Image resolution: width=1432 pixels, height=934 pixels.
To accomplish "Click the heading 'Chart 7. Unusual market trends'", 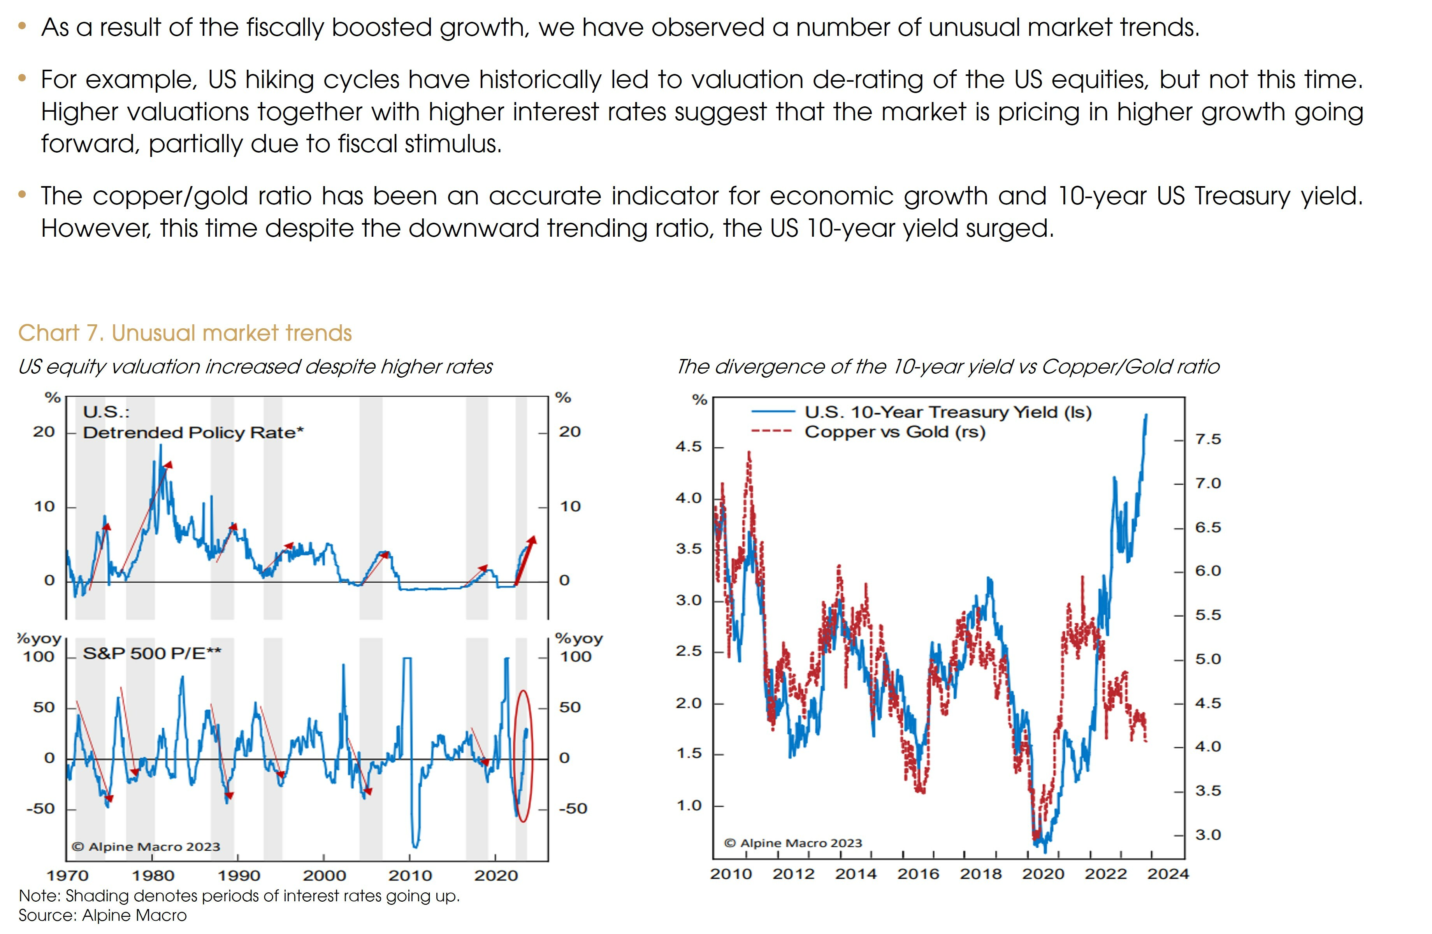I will pos(185,333).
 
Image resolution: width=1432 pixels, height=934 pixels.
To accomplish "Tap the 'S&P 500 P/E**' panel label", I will pos(152,654).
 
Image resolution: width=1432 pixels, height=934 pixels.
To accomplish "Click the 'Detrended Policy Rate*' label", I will pos(193,433).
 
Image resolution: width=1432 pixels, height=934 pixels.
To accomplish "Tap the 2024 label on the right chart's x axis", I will pos(1167,874).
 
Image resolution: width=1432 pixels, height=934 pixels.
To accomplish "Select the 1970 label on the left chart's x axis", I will pos(67,876).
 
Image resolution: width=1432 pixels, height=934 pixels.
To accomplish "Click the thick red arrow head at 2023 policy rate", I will pos(531,539).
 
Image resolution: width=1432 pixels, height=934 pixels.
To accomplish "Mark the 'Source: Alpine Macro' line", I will pos(102,915).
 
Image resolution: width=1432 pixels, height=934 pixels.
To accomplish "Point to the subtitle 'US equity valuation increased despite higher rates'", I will pos(255,366).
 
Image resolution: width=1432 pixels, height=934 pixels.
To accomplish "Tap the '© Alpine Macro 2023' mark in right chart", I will pos(792,843).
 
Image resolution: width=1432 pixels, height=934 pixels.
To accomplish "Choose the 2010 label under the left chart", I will pos(410,876).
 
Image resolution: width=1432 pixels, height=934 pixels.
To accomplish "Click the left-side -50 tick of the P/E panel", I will pos(40,809).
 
